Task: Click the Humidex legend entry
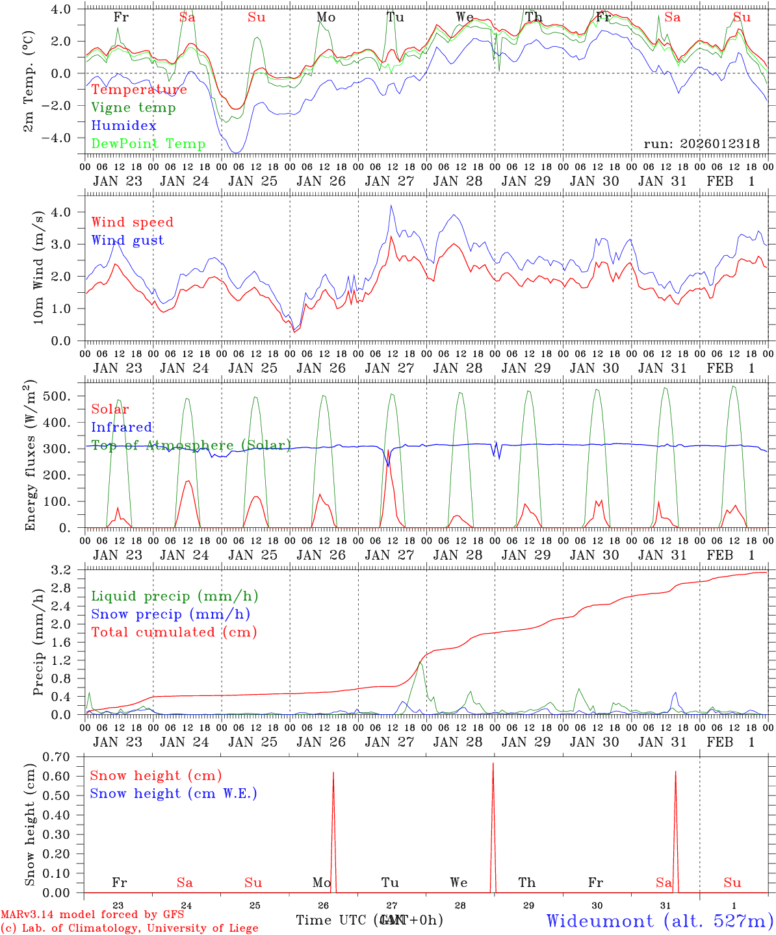point(123,126)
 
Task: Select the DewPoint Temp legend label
point(148,144)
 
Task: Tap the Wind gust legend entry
point(127,240)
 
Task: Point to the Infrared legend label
point(122,427)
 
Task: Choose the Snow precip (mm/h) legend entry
point(170,614)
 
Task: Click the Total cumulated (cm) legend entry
point(174,632)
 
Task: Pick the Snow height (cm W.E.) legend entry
point(173,793)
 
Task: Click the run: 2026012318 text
point(701,144)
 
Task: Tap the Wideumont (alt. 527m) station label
point(659,921)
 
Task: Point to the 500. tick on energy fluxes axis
point(66,396)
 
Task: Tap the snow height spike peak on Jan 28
point(493,764)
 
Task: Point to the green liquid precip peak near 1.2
point(420,662)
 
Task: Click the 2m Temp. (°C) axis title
point(29,81)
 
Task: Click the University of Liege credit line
point(129,928)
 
